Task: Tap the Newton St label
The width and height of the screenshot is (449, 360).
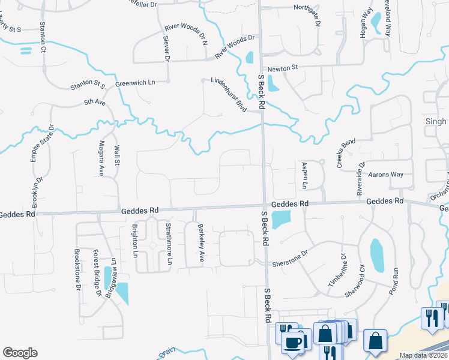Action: click(283, 68)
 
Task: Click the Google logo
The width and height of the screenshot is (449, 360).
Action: click(20, 353)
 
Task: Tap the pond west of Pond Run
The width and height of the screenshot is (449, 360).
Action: click(376, 254)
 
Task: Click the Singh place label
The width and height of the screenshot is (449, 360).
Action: click(437, 122)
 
